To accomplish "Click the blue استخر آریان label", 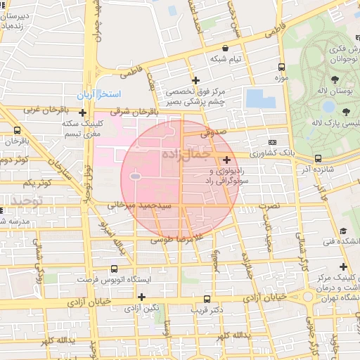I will tap(101, 94).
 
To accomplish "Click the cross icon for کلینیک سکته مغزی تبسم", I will tap(82, 112).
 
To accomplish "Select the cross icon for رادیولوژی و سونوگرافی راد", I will tap(226, 160).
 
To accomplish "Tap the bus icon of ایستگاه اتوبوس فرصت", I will tap(115, 268).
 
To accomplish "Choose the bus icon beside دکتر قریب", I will tap(207, 298).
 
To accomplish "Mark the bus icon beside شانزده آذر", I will tap(319, 158).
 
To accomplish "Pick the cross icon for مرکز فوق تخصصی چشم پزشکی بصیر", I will tap(195, 80).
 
